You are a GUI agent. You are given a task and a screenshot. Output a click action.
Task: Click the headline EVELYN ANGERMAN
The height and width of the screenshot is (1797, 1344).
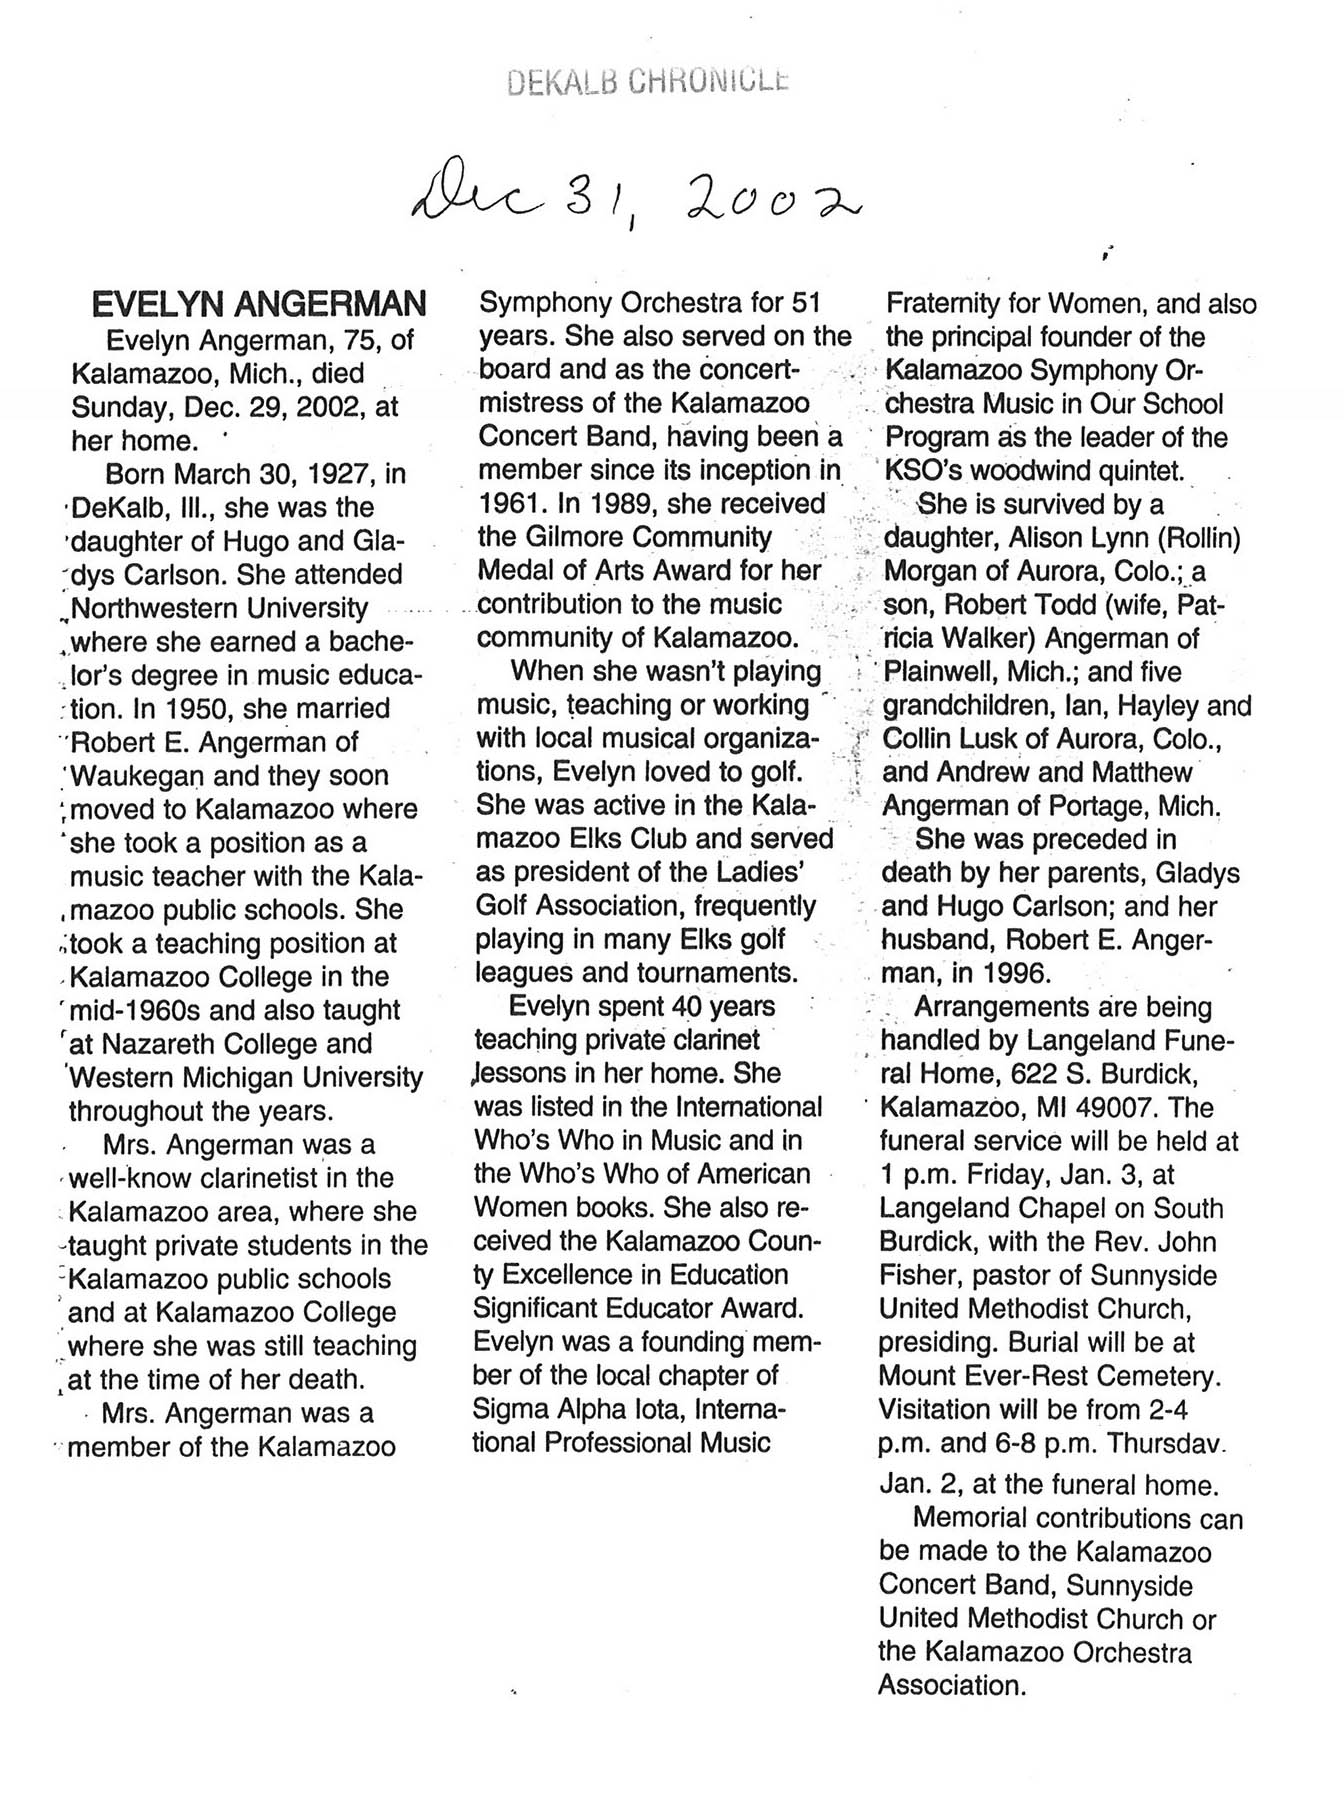(259, 304)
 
